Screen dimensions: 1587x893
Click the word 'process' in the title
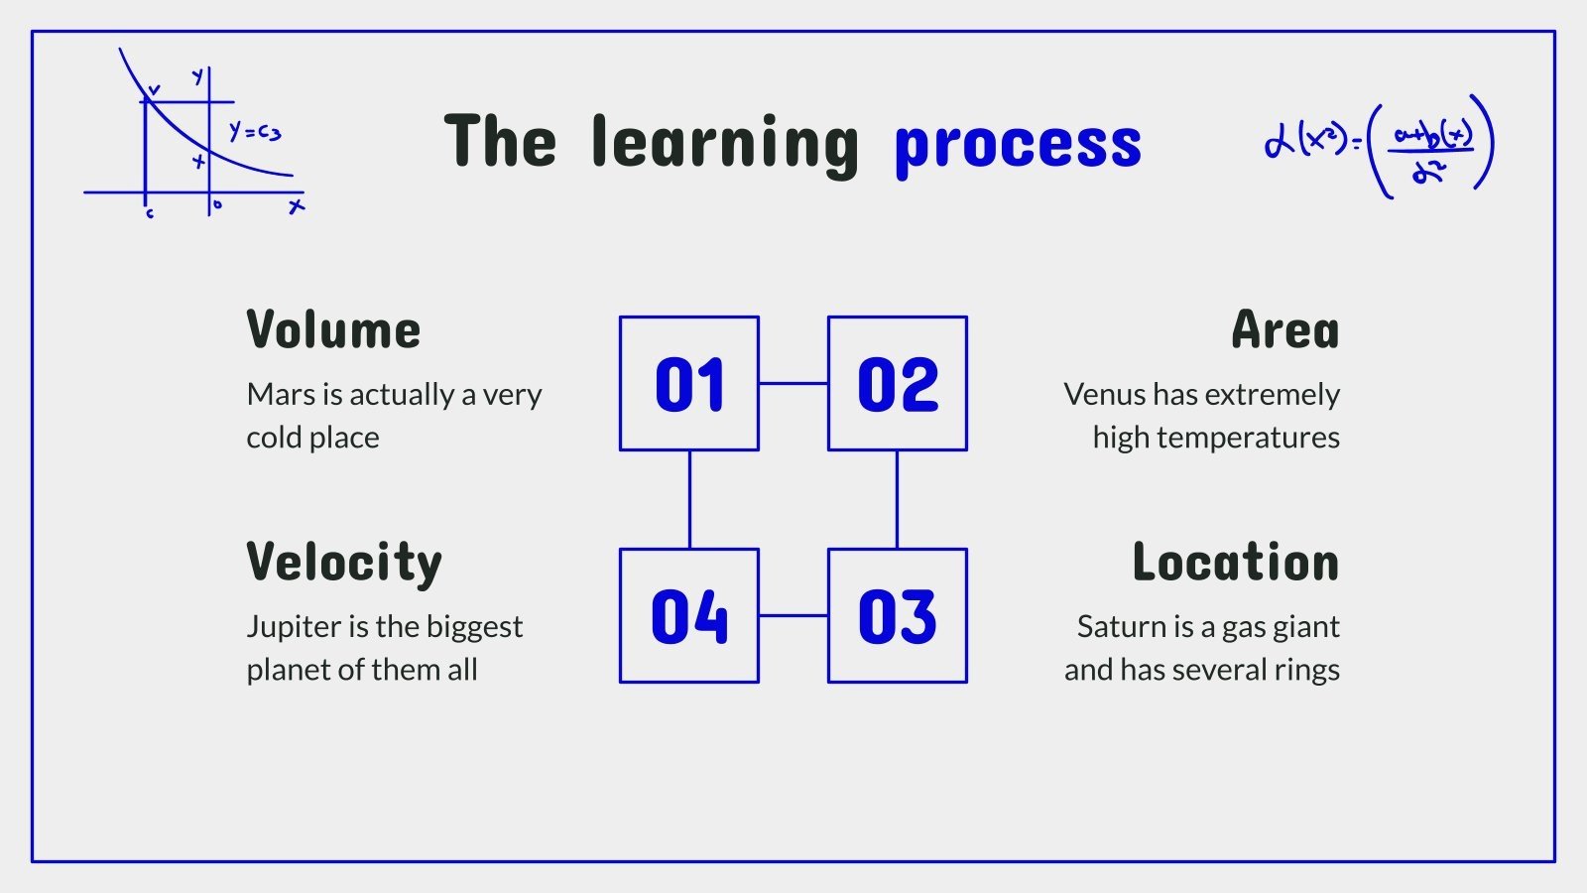(1018, 149)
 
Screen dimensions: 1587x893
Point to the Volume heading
(333, 329)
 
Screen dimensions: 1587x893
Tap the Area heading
(1285, 329)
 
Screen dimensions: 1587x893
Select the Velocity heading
(344, 565)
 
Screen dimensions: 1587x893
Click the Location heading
(1236, 562)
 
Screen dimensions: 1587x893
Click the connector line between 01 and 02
(793, 383)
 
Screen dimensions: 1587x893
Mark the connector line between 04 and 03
(793, 616)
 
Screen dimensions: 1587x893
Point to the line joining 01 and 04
(689, 500)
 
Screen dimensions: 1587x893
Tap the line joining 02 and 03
(897, 500)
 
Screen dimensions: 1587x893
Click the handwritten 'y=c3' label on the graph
(255, 132)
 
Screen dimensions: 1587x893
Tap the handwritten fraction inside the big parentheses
(1430, 151)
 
